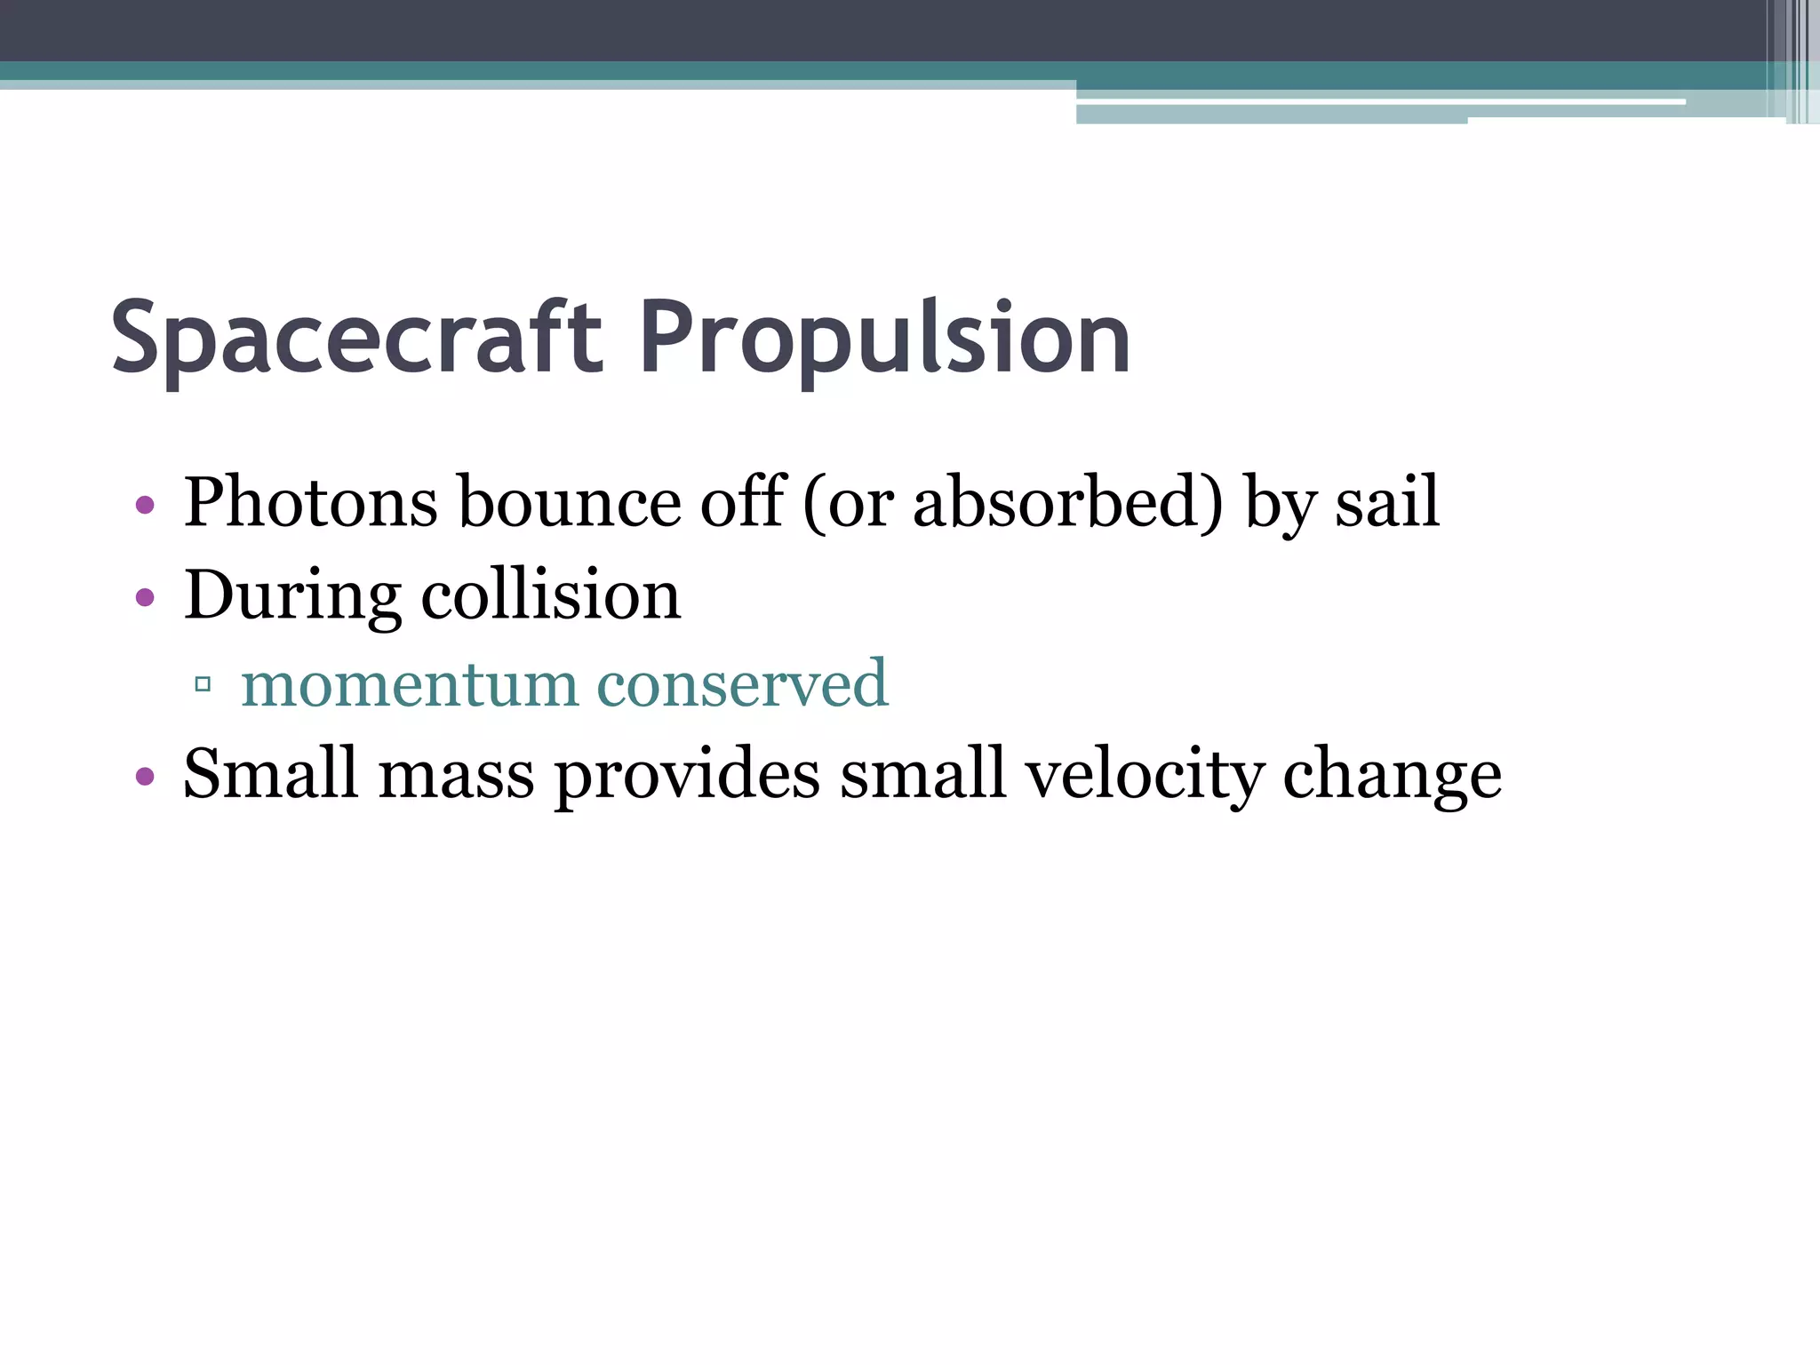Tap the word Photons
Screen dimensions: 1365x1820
click(x=310, y=502)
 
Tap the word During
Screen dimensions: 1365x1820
click(x=292, y=595)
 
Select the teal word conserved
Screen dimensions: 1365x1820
click(x=742, y=684)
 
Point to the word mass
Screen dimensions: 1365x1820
click(x=457, y=775)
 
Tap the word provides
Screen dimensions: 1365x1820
click(x=688, y=775)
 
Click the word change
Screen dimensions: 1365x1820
click(x=1392, y=775)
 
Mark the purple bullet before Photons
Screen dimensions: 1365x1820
click(x=145, y=507)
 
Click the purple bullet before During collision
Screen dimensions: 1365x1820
click(x=145, y=597)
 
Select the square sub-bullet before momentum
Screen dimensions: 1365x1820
click(x=203, y=684)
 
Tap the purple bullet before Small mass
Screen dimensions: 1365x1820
click(x=145, y=778)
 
